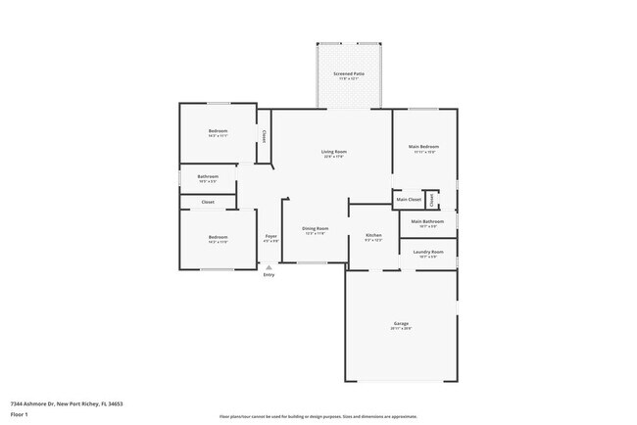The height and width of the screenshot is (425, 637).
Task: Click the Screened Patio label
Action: pyautogui.click(x=348, y=73)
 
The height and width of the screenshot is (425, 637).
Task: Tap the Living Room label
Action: pyautogui.click(x=334, y=152)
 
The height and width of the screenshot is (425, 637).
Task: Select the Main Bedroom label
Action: pyautogui.click(x=423, y=147)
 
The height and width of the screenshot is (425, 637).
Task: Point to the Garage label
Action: pyautogui.click(x=401, y=323)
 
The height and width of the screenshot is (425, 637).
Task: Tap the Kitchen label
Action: pyautogui.click(x=373, y=235)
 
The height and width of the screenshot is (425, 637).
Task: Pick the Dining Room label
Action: pyautogui.click(x=316, y=228)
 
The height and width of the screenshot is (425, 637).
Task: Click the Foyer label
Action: pyautogui.click(x=270, y=236)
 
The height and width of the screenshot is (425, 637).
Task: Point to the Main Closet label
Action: pyautogui.click(x=409, y=200)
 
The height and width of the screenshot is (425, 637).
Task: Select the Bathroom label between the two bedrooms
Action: pyautogui.click(x=208, y=177)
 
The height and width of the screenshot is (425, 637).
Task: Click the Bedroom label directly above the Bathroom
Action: pyautogui.click(x=218, y=131)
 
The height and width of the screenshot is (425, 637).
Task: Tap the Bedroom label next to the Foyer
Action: pyautogui.click(x=218, y=236)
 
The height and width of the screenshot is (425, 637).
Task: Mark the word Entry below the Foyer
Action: pyautogui.click(x=269, y=275)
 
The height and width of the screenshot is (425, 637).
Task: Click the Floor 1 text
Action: pyautogui.click(x=20, y=414)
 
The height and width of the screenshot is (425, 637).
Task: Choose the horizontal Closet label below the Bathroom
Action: pyautogui.click(x=208, y=202)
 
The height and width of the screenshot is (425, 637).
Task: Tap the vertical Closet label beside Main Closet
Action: pyautogui.click(x=432, y=199)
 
